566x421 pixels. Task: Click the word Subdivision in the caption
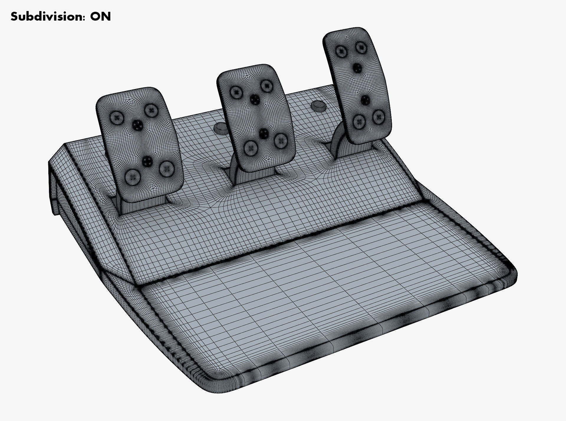pyautogui.click(x=47, y=17)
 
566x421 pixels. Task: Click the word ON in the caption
pyautogui.click(x=101, y=17)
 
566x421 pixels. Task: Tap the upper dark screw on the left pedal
pyautogui.click(x=137, y=125)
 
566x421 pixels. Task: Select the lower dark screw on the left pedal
pyautogui.click(x=147, y=161)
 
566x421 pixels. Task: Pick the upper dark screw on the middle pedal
pyautogui.click(x=254, y=100)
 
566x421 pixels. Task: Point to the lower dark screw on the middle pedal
pyautogui.click(x=264, y=133)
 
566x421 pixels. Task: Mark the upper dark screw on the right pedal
pyautogui.click(x=357, y=68)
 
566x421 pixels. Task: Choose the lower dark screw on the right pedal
pyautogui.click(x=365, y=100)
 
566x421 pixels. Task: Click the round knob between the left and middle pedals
pyautogui.click(x=220, y=127)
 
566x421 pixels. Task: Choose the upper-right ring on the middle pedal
pyautogui.click(x=266, y=86)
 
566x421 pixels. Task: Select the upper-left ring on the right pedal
pyautogui.click(x=341, y=52)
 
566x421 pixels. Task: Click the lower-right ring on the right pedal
pyautogui.click(x=378, y=117)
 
